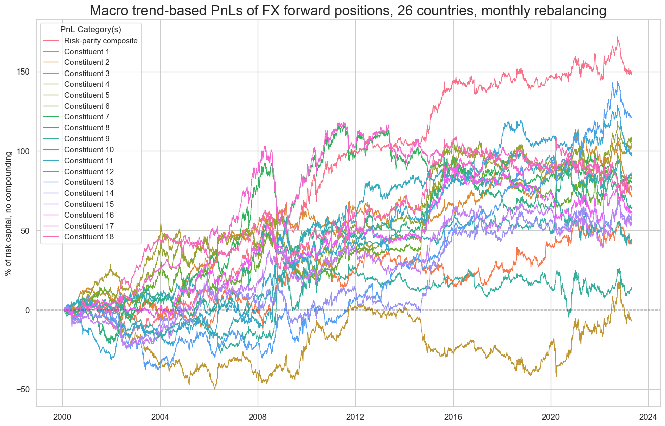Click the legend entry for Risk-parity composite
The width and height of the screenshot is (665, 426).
pos(101,41)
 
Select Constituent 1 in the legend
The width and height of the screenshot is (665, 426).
pos(87,52)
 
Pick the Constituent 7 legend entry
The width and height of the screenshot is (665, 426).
pos(87,117)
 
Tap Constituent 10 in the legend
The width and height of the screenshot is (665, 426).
pos(89,150)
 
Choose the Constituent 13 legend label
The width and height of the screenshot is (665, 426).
pos(89,182)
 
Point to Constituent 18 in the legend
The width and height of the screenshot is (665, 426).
pos(89,237)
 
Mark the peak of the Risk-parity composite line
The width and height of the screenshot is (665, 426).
pos(617,37)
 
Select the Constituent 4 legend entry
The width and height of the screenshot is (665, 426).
pos(87,85)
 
